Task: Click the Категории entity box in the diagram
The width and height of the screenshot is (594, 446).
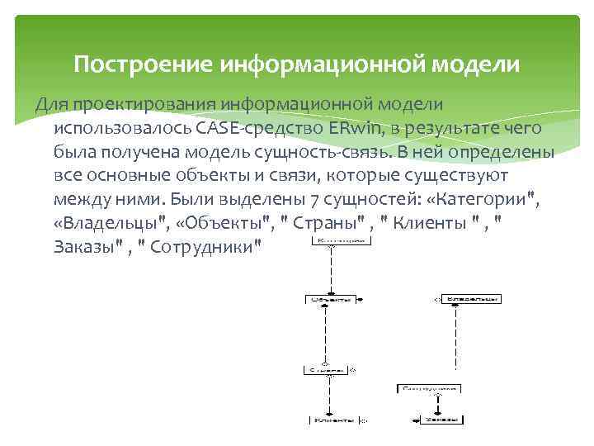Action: (x=339, y=241)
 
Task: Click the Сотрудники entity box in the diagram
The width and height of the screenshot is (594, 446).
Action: (x=429, y=387)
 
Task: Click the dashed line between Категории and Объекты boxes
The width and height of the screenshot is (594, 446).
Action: (x=331, y=268)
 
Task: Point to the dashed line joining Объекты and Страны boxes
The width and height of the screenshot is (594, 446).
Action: (x=327, y=334)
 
